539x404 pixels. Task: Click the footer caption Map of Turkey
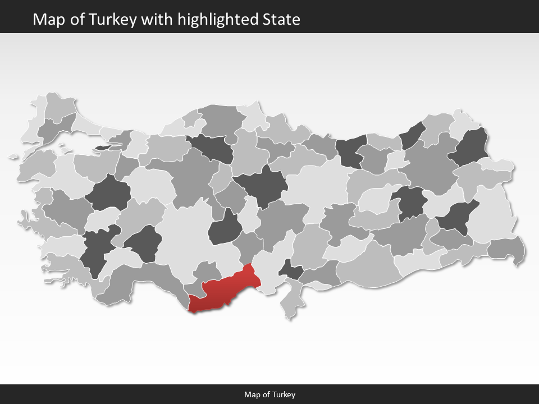coord(269,394)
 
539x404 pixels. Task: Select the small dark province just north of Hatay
coord(291,270)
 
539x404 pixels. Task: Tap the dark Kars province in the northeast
coord(472,147)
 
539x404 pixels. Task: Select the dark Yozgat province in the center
coord(261,186)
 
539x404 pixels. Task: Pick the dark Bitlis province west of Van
coord(457,219)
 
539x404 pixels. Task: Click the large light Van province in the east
coord(491,213)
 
